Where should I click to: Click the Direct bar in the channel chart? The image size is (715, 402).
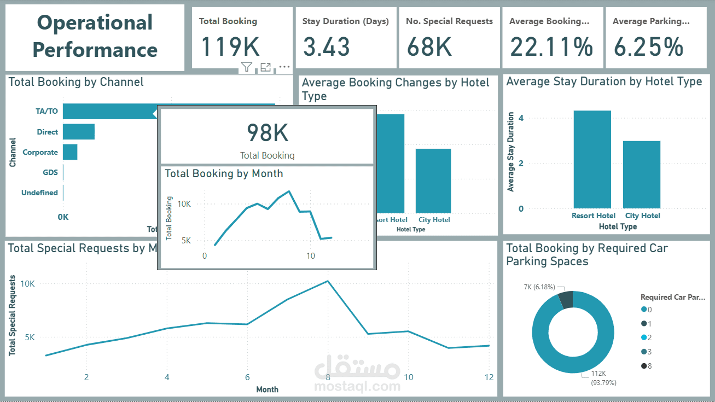coord(79,132)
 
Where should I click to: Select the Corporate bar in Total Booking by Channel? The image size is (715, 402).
coord(70,152)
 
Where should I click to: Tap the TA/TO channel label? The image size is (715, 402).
coord(46,112)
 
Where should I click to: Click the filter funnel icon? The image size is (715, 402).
coord(247,67)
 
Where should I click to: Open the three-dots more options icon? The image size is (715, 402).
coord(284,67)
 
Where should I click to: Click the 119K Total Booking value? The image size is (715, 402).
coord(230,46)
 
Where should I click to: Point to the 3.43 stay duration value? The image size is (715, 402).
coord(326,46)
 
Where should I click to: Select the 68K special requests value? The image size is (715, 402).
coord(429,46)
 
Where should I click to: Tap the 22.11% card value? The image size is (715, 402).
coord(551,46)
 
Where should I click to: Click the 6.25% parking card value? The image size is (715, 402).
coord(648,46)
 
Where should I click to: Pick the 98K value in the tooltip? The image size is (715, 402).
coord(267,133)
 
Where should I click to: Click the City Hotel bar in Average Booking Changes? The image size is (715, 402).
coord(433,181)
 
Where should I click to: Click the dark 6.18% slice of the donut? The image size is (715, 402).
coord(566,300)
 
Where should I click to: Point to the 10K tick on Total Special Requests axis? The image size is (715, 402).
coord(27,284)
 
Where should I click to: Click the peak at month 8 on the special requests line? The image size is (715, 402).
coord(328,281)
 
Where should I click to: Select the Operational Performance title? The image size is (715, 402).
coord(95,37)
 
